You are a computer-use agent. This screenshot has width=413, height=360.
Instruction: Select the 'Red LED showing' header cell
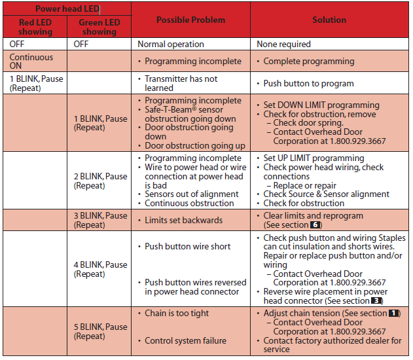click(35, 27)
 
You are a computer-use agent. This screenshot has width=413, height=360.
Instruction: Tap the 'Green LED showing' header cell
click(99, 27)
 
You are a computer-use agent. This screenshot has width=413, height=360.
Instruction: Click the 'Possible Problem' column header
click(190, 20)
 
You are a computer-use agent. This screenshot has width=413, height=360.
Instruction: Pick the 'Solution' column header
click(329, 20)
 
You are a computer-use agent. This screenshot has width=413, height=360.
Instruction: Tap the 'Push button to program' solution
click(308, 84)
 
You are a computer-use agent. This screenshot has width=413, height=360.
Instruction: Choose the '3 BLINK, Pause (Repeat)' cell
click(100, 219)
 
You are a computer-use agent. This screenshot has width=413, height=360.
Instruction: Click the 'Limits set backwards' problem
click(183, 220)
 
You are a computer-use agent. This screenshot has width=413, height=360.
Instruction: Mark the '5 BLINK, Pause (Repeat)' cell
click(100, 331)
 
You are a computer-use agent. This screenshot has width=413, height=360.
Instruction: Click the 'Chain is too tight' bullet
click(177, 313)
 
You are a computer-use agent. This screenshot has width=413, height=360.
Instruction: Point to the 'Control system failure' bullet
click(186, 340)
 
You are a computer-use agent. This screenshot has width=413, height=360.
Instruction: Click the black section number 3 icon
click(376, 301)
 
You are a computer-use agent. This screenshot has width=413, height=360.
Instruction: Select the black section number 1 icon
click(394, 314)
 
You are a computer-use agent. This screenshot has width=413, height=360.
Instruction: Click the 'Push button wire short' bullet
click(187, 246)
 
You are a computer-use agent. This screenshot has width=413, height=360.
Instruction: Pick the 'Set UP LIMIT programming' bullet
click(314, 158)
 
